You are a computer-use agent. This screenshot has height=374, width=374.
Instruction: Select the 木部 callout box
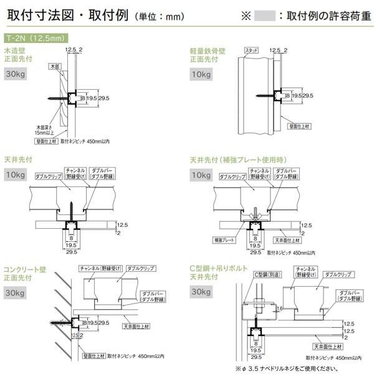coord(54,65)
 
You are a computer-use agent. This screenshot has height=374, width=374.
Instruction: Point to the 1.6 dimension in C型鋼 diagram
coord(280,307)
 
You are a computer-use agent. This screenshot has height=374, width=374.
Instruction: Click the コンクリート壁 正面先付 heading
coord(25,273)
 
